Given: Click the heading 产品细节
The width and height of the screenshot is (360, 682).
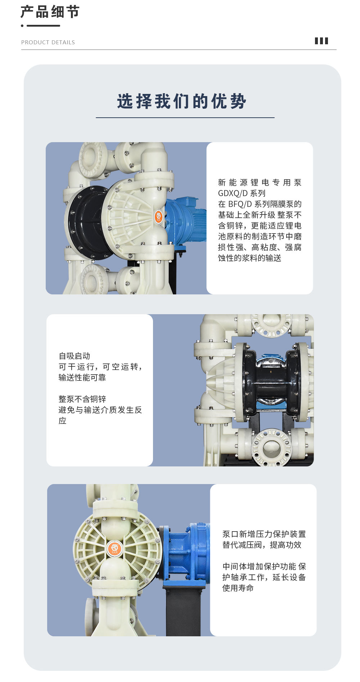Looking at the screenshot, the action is click(x=50, y=12).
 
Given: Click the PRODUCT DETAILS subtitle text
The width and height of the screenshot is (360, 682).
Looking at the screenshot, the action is click(x=48, y=42).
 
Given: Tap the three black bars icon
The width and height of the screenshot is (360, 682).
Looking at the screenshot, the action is click(x=321, y=41).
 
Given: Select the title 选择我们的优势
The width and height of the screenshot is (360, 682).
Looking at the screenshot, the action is click(x=182, y=101).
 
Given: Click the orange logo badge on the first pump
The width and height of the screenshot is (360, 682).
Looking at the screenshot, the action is click(x=159, y=217).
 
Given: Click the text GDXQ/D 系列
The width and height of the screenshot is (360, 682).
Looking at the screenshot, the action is click(x=242, y=193).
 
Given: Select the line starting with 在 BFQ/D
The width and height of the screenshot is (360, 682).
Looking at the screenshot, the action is click(x=260, y=204).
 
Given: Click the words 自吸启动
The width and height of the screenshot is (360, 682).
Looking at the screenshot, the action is click(x=75, y=356).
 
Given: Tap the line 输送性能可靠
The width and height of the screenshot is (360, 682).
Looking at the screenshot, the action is click(x=82, y=378).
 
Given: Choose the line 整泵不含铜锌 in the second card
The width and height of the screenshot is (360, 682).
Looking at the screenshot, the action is click(x=82, y=399).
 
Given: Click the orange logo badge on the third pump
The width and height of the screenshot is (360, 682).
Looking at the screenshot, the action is click(x=115, y=548).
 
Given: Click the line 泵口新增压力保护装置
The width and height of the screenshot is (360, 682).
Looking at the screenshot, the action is click(x=264, y=534).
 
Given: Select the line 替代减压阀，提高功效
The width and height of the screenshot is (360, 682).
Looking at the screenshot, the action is click(x=262, y=545).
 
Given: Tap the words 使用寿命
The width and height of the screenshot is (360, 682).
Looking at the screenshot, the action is click(x=238, y=588).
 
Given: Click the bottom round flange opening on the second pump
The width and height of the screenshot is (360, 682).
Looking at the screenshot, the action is click(x=271, y=448).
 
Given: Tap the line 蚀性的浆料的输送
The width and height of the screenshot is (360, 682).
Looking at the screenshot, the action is click(x=249, y=258).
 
